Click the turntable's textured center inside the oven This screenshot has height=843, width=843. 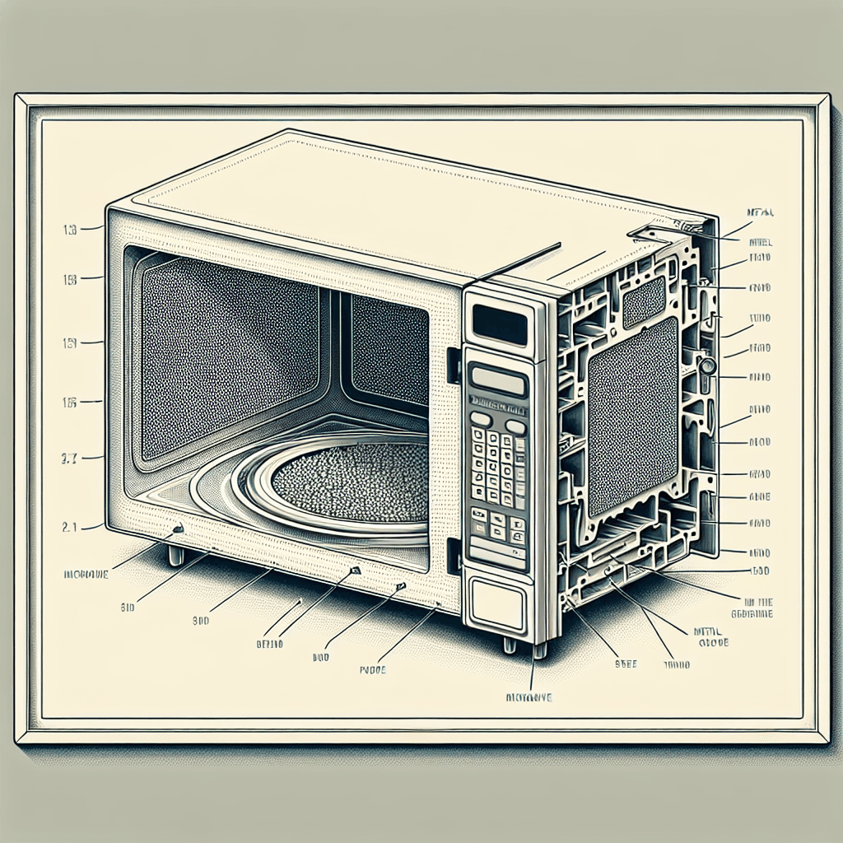tap(350, 480)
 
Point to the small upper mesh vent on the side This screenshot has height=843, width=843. tap(643, 301)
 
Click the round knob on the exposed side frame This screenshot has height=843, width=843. tap(706, 365)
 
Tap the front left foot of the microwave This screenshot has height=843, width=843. tap(176, 556)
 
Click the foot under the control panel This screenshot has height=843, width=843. tap(539, 650)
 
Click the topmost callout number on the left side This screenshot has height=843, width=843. tap(70, 231)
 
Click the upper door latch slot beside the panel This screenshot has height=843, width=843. tap(452, 366)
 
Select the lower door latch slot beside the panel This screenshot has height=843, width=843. tap(452, 555)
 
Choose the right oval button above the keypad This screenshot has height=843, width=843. tap(515, 426)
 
